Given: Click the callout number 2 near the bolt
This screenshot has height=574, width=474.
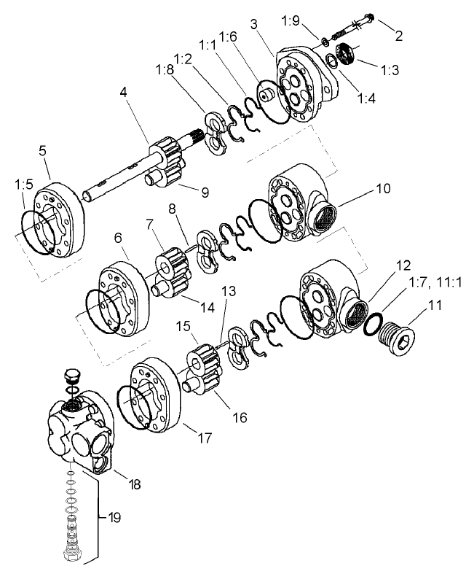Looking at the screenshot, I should point(399,34).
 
